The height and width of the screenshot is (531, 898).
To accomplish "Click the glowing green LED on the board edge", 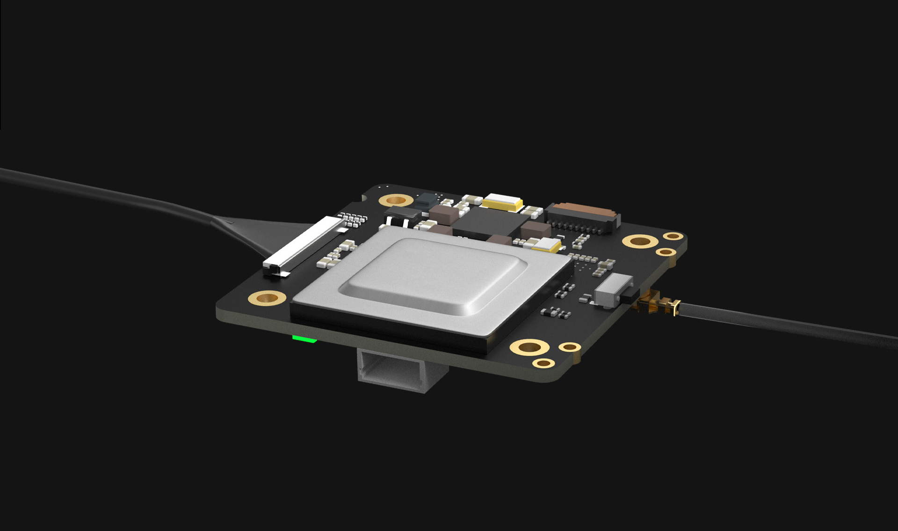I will (304, 339).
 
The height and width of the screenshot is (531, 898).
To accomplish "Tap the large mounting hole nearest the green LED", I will (267, 297).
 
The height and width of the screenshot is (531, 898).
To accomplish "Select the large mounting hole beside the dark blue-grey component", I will (396, 200).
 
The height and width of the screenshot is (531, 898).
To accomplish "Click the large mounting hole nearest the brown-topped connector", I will (640, 242).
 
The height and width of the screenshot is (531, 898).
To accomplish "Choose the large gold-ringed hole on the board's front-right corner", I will (529, 347).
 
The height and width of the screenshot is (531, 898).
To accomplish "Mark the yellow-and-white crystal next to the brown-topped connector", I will (503, 202).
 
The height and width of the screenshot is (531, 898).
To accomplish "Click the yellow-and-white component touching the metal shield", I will (546, 244).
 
